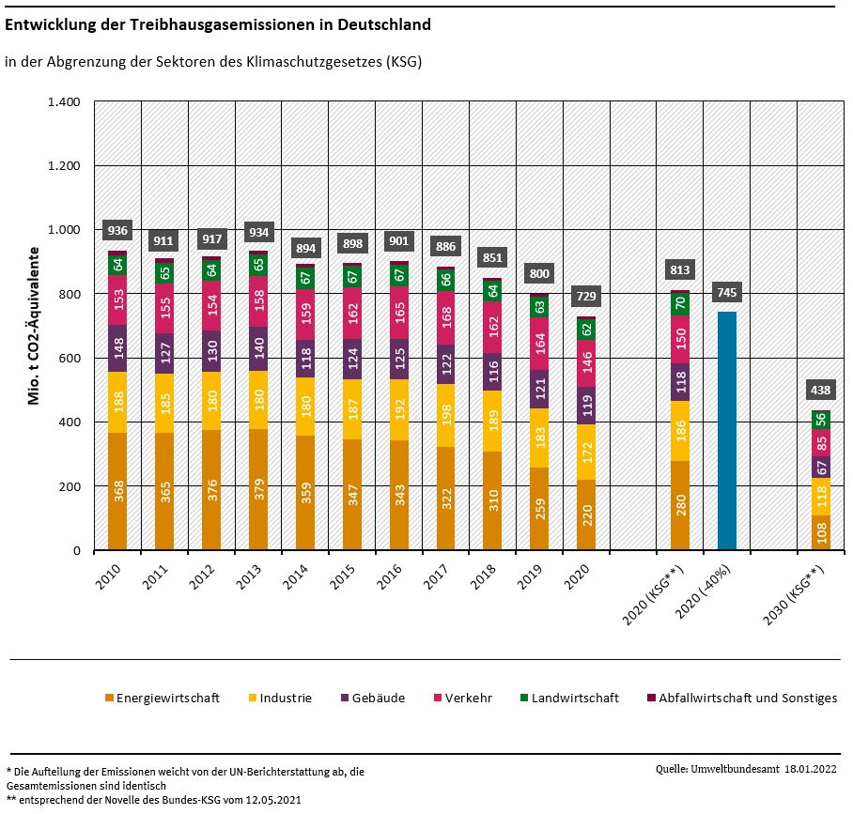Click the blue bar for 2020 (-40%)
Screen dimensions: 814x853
727,431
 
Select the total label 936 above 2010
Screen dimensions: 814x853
117,230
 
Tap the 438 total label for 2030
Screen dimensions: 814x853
821,390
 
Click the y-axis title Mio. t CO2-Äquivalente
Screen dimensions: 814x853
35,326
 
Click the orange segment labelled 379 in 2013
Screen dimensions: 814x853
258,489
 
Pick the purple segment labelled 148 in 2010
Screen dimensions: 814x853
117,348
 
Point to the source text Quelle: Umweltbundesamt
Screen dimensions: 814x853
717,769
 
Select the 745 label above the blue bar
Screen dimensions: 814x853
727,293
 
